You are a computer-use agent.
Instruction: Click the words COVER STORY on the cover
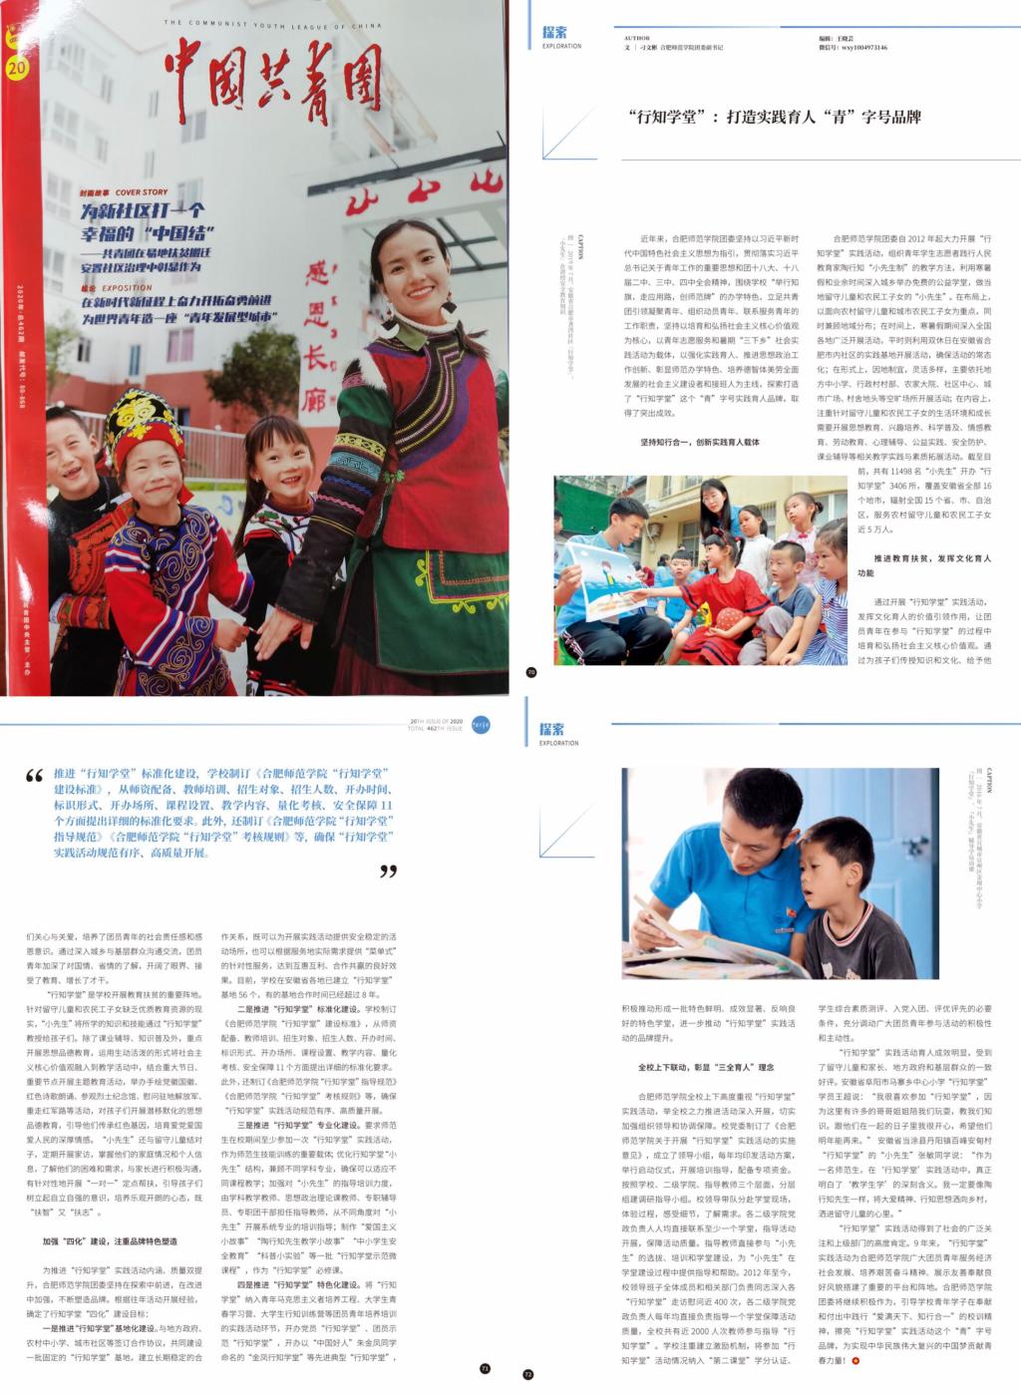click(141, 191)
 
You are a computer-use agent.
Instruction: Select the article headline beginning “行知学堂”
click(775, 117)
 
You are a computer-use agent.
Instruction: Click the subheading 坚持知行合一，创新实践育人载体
click(700, 442)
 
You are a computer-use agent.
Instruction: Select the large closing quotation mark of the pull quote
click(388, 872)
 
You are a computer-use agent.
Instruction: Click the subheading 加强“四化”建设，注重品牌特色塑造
click(110, 1241)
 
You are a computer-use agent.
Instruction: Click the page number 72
click(528, 1373)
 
